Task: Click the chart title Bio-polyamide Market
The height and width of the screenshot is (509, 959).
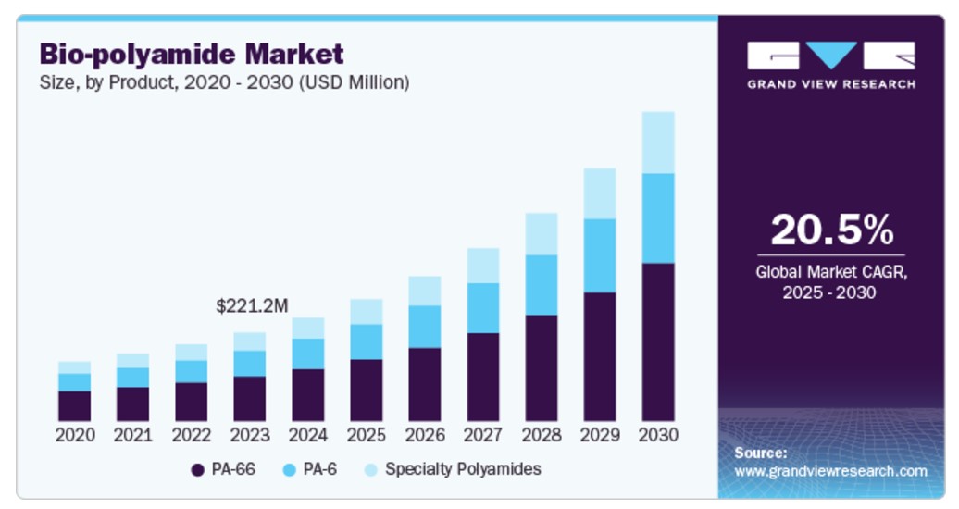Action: point(191,54)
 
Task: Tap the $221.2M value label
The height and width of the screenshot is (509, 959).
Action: point(252,304)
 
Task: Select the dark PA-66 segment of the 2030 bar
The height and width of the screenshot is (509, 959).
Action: point(657,341)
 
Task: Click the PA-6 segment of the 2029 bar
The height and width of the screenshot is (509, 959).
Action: point(599,255)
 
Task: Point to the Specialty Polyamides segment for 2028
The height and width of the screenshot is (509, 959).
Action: point(541,233)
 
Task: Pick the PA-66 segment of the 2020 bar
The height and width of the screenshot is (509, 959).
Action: point(74,405)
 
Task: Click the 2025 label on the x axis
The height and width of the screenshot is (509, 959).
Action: point(366,434)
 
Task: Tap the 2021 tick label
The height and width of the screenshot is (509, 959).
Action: point(132,434)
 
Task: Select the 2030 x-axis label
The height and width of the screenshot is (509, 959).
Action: point(657,434)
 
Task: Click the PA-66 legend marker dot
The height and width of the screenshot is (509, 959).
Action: point(197,469)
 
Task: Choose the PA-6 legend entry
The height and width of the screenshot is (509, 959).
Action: point(310,469)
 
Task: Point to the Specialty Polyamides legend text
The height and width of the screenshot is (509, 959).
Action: point(462,469)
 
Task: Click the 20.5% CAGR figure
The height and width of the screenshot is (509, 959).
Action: point(831,230)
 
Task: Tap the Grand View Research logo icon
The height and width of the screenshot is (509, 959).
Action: point(830,56)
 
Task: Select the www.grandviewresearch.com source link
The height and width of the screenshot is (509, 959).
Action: point(829,471)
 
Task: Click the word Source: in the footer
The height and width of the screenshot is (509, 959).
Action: point(760,453)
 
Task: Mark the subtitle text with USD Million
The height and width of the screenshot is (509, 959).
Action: point(224,82)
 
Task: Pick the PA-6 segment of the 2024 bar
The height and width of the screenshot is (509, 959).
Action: point(307,354)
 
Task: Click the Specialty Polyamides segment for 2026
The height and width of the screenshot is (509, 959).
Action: point(424,291)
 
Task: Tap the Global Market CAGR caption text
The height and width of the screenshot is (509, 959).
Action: point(830,272)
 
